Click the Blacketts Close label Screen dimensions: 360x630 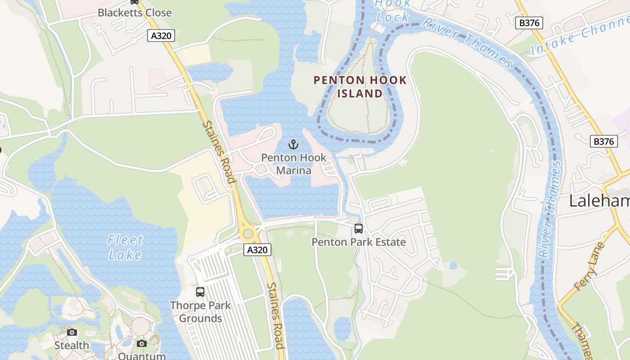coord(135,13)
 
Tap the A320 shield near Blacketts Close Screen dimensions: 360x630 coord(161,36)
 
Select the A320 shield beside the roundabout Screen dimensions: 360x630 coord(257,250)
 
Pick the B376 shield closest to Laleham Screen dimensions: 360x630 coord(603,141)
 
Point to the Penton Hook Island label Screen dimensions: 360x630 coord(360,87)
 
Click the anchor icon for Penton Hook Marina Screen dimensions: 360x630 coord(293,145)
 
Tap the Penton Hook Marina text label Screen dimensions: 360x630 coord(293,164)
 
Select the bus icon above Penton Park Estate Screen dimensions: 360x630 coord(358,229)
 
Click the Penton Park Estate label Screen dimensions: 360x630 coord(359,242)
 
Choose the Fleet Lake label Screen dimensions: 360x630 coord(125,247)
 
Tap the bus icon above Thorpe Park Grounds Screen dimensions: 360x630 coord(200,292)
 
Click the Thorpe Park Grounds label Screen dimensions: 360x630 coord(200,312)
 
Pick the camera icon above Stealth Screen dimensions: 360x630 coord(72,333)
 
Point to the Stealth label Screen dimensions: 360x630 coord(72,346)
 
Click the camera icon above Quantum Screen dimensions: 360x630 coord(142,344)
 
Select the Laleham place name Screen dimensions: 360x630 coord(599,201)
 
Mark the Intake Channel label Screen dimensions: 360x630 coord(580,34)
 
